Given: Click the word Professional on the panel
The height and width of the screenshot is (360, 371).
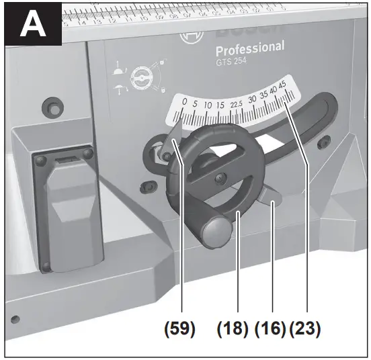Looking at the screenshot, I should coord(249,48).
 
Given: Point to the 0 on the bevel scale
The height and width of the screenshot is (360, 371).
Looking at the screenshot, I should coord(184,102).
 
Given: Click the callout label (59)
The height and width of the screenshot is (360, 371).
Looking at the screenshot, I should coord(178,330).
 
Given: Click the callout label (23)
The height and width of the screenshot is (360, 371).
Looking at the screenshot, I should coord(304,330).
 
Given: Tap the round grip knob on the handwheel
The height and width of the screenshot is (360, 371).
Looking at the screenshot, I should coord(216,232).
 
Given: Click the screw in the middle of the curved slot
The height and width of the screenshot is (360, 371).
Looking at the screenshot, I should coord(220,178).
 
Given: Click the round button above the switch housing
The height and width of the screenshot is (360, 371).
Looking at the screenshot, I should coord(48,107).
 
